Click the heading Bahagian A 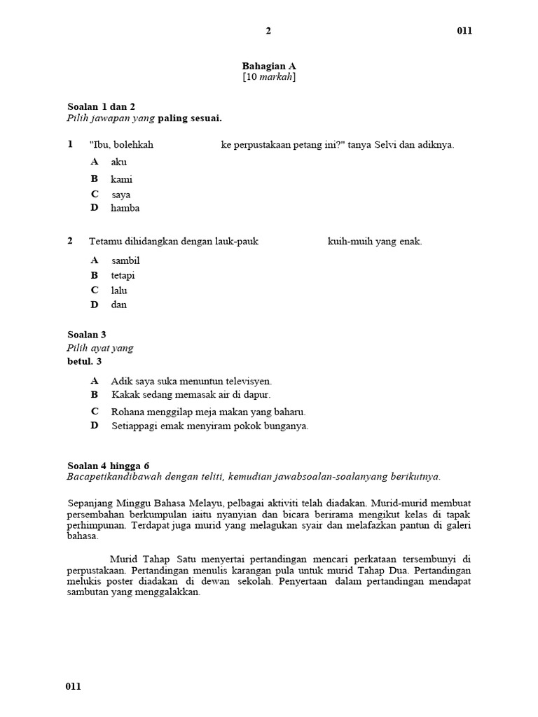pos(269,66)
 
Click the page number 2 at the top pos(268,31)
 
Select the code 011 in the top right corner pos(464,31)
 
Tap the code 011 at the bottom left pos(74,686)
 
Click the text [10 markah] pos(269,77)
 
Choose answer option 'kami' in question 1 pos(121,179)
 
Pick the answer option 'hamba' pos(125,208)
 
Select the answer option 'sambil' pos(125,260)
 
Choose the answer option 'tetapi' pos(123,275)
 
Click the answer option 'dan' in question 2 pos(118,305)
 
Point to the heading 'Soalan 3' pos(87,335)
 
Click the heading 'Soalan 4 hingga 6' pos(108,465)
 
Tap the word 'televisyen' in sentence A pos(247,382)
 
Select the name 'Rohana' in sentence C pos(127,412)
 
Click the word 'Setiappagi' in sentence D pos(134,426)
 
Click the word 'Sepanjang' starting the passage pos(91,503)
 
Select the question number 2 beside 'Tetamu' pos(70,241)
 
